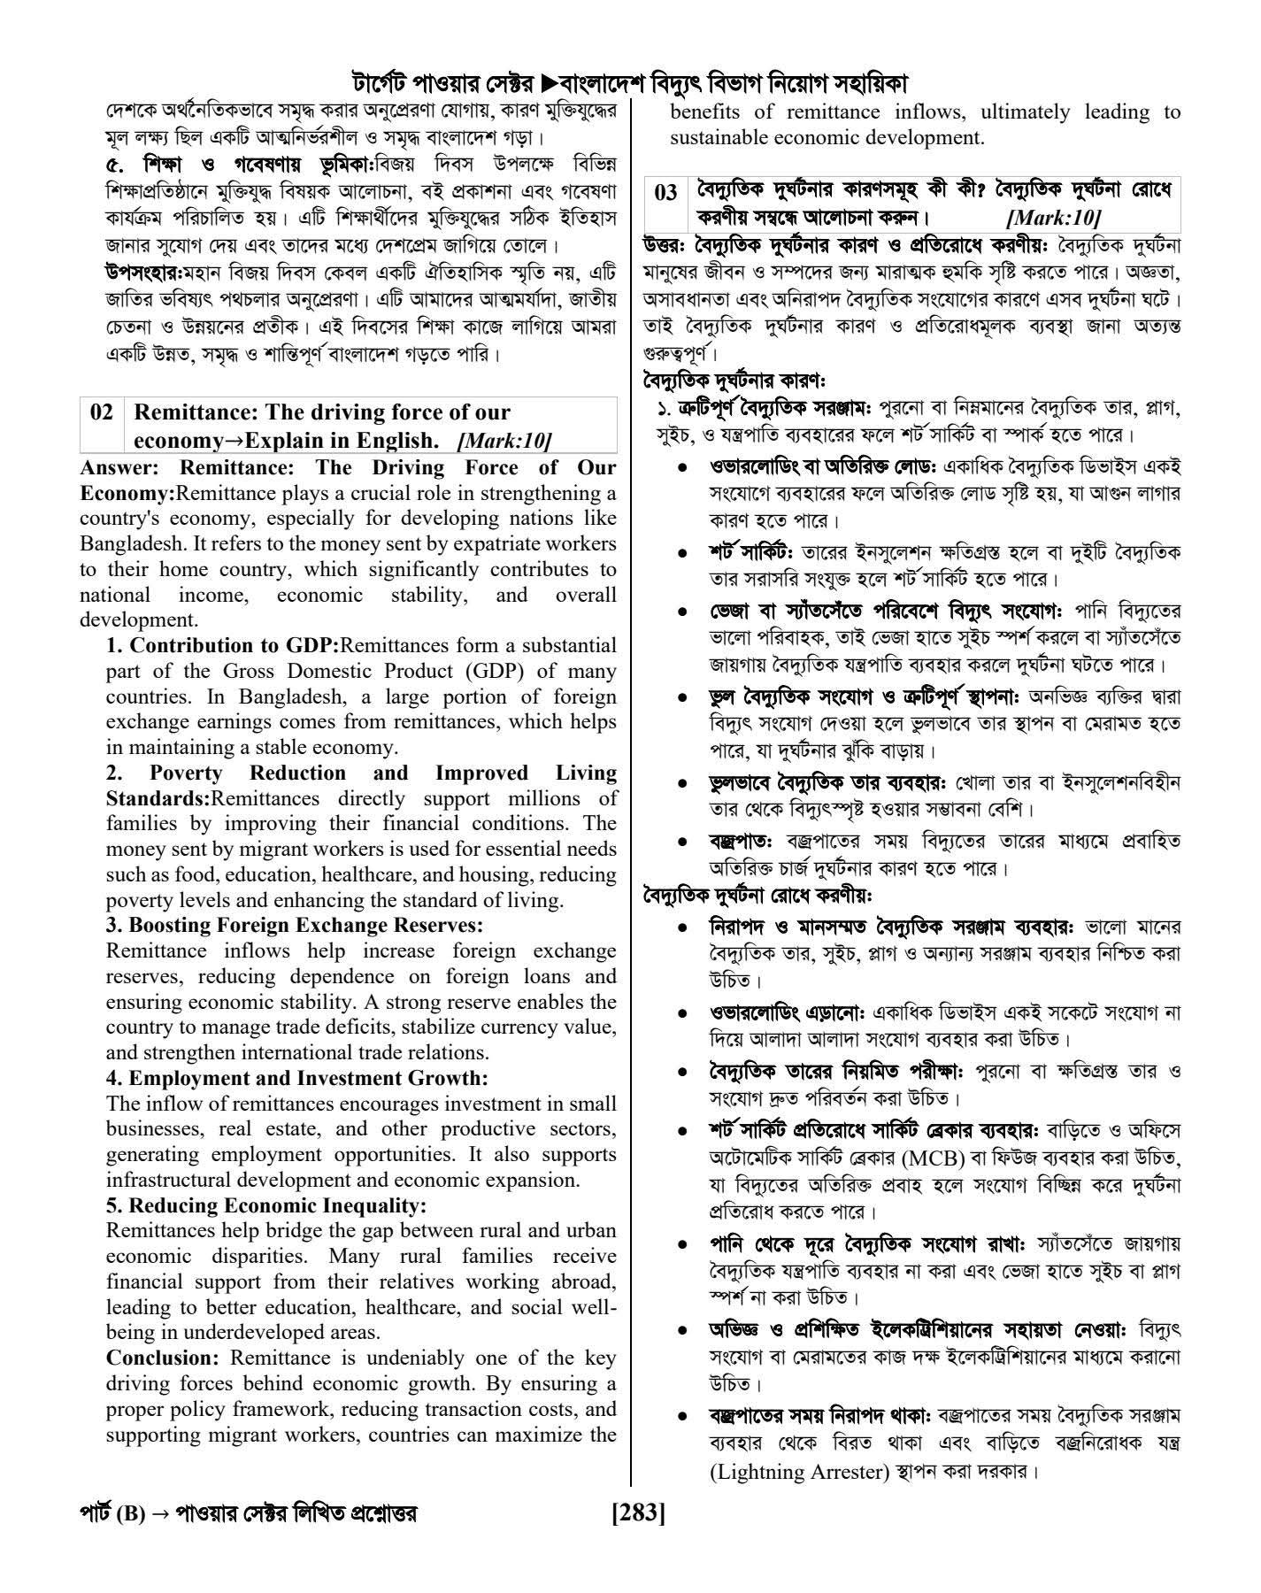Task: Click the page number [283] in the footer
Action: [x=638, y=1513]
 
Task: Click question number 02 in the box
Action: [x=102, y=412]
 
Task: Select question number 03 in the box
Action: [x=665, y=192]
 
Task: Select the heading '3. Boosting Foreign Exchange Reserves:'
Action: [x=295, y=926]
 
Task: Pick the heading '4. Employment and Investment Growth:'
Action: [x=297, y=1078]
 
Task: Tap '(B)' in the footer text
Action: [x=129, y=1514]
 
